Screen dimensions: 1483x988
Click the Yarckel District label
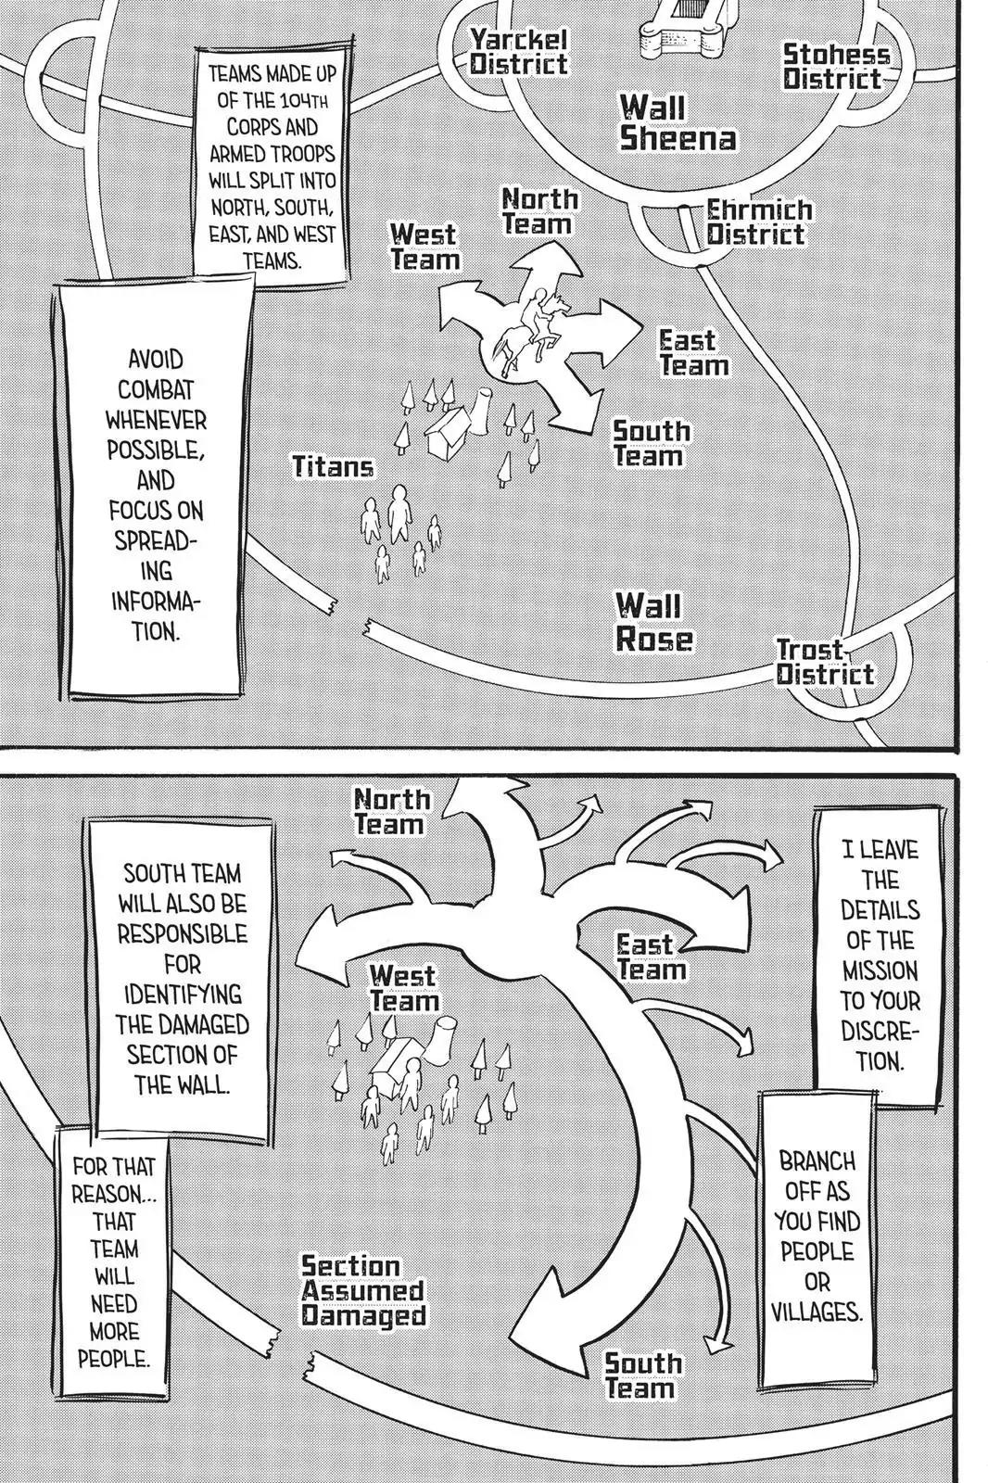coord(517,52)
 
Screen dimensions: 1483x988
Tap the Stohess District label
coord(835,67)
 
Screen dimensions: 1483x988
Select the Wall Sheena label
coord(678,122)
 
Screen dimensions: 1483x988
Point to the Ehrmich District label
coord(758,222)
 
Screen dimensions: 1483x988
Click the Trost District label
coord(824,662)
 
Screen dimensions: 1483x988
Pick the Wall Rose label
coord(654,623)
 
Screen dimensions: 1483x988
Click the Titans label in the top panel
coord(334,466)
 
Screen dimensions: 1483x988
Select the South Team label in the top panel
coord(651,444)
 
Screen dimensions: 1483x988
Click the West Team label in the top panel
coord(424,247)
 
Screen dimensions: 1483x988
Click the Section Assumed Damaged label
coord(363,1291)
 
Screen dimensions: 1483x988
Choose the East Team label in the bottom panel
coord(652,957)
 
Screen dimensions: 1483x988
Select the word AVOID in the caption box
coord(155,359)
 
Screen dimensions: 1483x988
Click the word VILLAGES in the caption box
coord(817,1312)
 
